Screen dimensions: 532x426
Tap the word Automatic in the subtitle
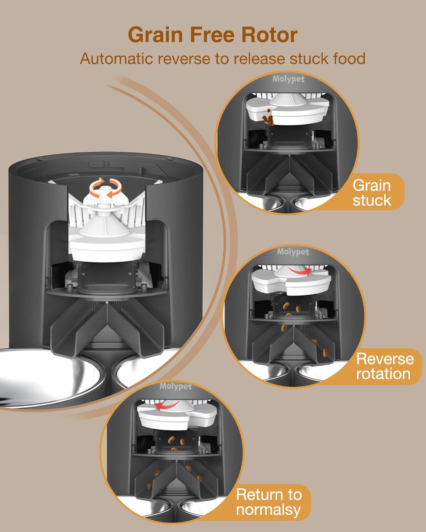click(x=116, y=59)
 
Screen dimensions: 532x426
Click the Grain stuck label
click(x=371, y=193)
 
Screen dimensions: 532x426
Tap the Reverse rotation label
click(x=384, y=366)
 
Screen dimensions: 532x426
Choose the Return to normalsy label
click(x=269, y=502)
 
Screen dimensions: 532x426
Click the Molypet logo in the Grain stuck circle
click(x=288, y=79)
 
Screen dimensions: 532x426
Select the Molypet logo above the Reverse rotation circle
click(x=293, y=252)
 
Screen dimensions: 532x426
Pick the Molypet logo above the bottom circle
click(x=175, y=386)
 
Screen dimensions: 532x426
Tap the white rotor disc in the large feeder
click(x=105, y=248)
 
